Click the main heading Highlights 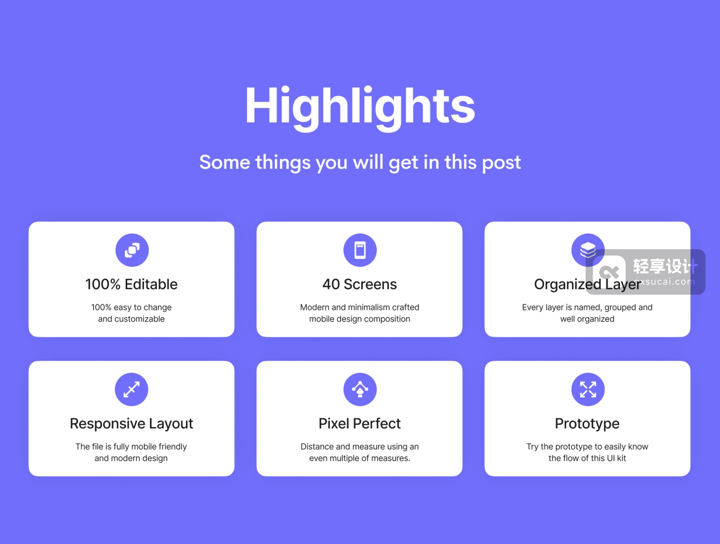[360, 109]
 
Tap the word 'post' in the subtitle [502, 163]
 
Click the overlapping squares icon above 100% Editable [132, 250]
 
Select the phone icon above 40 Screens [360, 250]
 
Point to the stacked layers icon [588, 250]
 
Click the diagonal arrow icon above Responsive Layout [132, 389]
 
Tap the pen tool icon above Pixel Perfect [360, 389]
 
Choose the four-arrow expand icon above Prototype [588, 389]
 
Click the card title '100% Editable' [132, 284]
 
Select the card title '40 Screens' [360, 284]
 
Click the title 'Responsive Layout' [132, 424]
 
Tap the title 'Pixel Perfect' [360, 423]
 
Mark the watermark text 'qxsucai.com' [665, 281]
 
